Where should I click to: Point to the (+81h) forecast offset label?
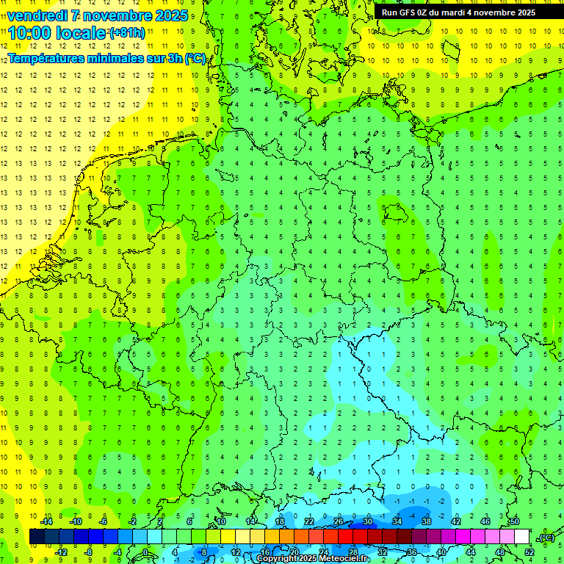[127, 32]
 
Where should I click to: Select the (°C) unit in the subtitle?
[195, 58]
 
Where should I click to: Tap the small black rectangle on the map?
[397, 213]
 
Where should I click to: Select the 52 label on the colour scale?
[529, 552]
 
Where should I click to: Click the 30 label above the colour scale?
[367, 521]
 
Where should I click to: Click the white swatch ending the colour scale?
[521, 536]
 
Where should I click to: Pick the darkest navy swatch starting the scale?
[37, 536]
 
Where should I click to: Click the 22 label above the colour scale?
[309, 521]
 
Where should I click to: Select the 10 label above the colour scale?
[220, 521]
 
